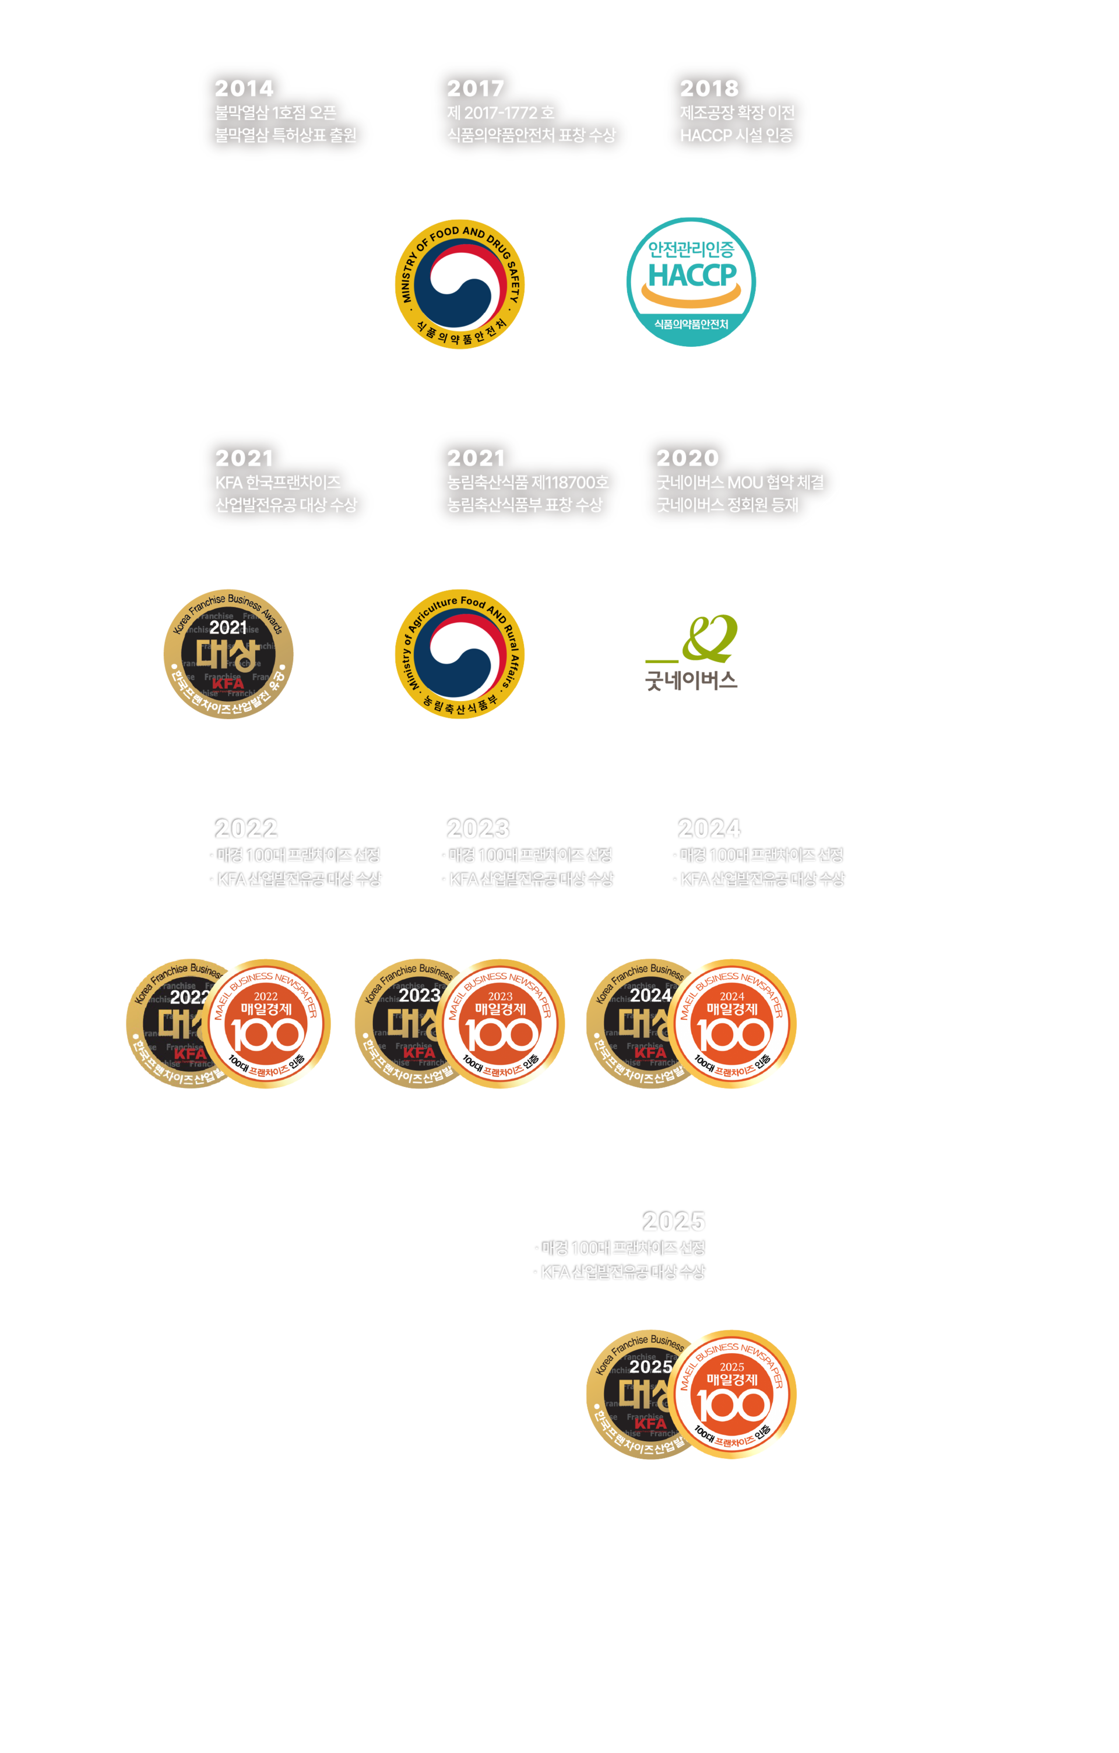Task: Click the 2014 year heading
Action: (x=244, y=89)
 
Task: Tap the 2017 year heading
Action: (x=476, y=89)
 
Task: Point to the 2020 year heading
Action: (x=687, y=458)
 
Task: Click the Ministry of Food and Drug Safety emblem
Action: (x=459, y=284)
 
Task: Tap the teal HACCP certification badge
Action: (x=691, y=281)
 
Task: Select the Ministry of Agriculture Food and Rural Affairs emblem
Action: (x=459, y=654)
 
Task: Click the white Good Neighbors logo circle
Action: (x=691, y=654)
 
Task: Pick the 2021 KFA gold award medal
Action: (x=228, y=654)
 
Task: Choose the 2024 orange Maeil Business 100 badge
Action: (x=733, y=1023)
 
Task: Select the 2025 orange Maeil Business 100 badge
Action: (x=733, y=1394)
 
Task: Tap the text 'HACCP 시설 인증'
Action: (x=736, y=135)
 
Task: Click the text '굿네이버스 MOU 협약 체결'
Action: (x=740, y=482)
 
